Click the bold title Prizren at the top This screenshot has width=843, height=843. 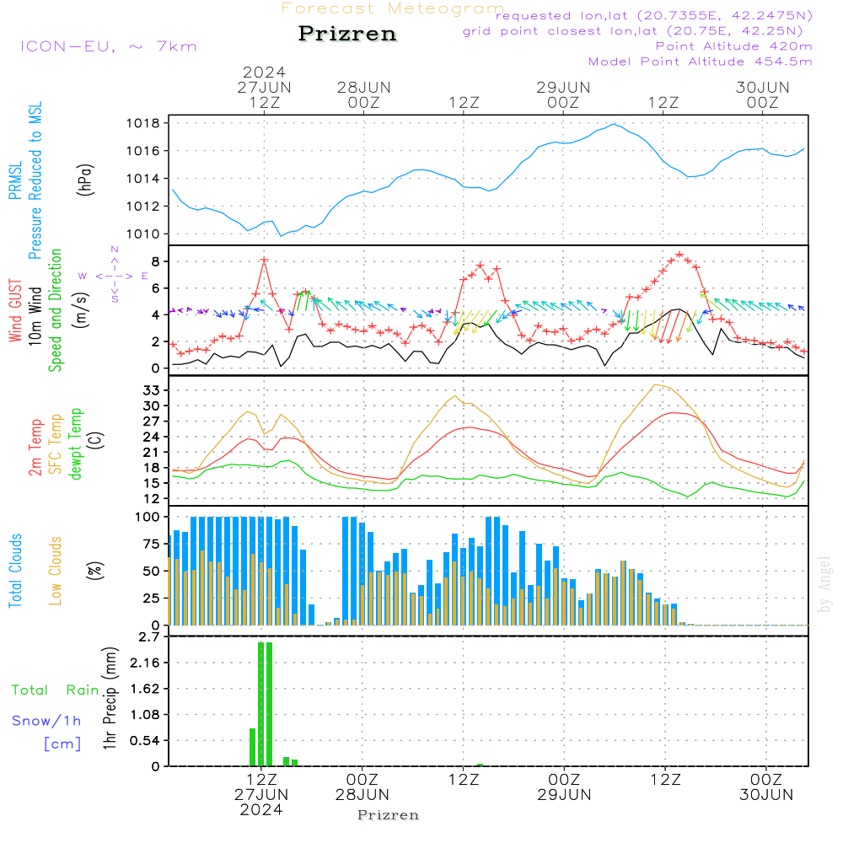pyautogui.click(x=347, y=35)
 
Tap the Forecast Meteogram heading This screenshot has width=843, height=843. pyautogui.click(x=393, y=8)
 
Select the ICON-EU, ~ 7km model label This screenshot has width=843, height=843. pyautogui.click(x=108, y=46)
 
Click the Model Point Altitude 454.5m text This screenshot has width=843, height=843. pyautogui.click(x=700, y=62)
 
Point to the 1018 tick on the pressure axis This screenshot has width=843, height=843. pyautogui.click(x=144, y=123)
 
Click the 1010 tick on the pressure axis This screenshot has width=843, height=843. pyautogui.click(x=144, y=234)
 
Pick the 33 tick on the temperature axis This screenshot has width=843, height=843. pyautogui.click(x=151, y=390)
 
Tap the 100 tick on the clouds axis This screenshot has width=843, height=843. pyautogui.click(x=148, y=517)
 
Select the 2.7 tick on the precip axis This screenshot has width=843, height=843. pyautogui.click(x=149, y=636)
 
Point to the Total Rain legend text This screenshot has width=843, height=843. pyautogui.click(x=55, y=690)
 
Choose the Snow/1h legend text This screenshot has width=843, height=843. pyautogui.click(x=46, y=722)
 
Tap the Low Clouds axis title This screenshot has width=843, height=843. pyautogui.click(x=56, y=571)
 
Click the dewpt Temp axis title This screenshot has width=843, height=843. pyautogui.click(x=76, y=444)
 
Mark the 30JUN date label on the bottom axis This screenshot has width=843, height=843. pyautogui.click(x=765, y=794)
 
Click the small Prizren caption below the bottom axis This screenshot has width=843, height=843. pyautogui.click(x=389, y=815)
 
